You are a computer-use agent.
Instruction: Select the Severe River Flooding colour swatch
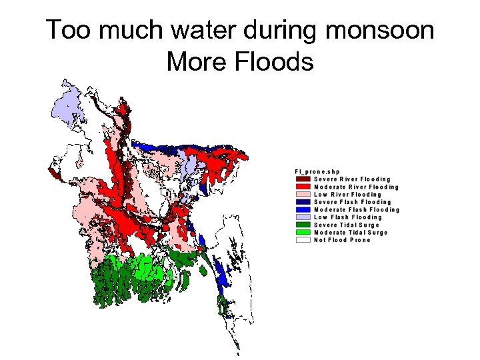pos(303,179)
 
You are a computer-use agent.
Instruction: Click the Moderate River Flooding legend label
pos(356,187)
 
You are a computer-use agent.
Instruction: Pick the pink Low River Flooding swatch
pos(303,195)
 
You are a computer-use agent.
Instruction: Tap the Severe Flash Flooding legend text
pos(352,202)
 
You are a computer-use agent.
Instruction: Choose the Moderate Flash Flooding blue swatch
pos(303,210)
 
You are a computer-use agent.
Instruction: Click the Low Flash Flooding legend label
pos(347,217)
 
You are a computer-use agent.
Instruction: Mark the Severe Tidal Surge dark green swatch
pos(303,225)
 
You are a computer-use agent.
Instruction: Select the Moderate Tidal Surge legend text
pos(350,233)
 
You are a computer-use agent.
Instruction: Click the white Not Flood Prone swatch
pos(303,240)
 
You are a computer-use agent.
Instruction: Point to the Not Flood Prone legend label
pos(341,240)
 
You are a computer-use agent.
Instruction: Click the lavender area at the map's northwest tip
pos(67,107)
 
